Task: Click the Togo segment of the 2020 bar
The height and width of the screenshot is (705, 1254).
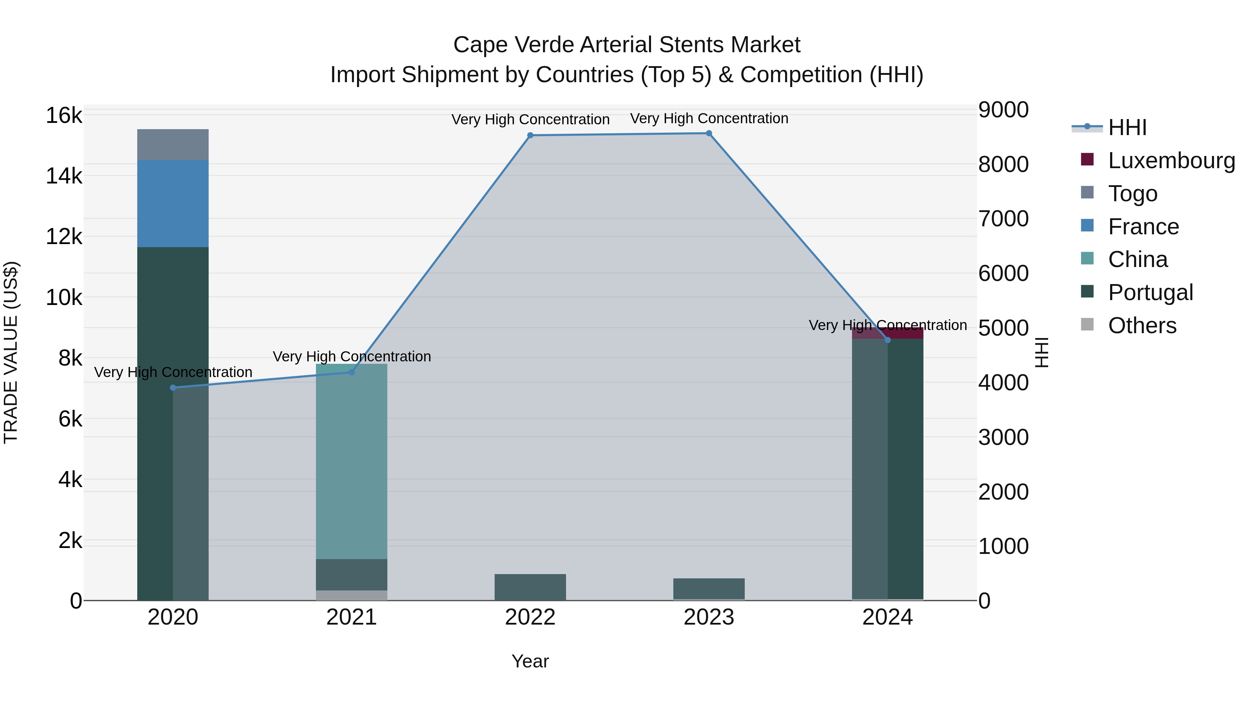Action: [173, 144]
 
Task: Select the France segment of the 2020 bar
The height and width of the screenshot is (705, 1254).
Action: [173, 203]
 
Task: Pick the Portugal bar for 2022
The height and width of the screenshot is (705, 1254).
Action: [530, 587]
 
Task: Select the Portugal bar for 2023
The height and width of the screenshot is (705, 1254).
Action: [709, 589]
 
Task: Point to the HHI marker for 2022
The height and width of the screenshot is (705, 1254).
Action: [530, 135]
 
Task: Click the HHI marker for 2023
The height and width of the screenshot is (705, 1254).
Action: [709, 133]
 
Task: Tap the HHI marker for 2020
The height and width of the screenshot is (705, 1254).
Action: [173, 388]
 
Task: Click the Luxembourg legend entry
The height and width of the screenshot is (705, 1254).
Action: [1171, 160]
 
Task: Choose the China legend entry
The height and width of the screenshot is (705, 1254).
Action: [1137, 259]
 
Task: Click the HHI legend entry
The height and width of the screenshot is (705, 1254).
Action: [1127, 127]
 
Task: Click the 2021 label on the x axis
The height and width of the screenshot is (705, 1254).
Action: [351, 617]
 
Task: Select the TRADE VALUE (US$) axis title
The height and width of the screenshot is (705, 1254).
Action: [11, 352]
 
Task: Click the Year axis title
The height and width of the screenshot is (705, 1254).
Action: [530, 661]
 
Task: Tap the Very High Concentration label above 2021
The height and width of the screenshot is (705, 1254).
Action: [351, 357]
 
